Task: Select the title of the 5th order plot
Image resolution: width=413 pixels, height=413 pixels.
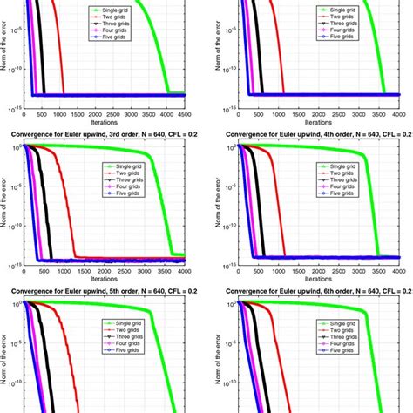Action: click(x=100, y=291)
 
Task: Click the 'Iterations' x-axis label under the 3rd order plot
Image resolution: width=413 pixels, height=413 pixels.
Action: click(x=104, y=278)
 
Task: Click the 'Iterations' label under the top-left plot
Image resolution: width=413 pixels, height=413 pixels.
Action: click(x=104, y=121)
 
